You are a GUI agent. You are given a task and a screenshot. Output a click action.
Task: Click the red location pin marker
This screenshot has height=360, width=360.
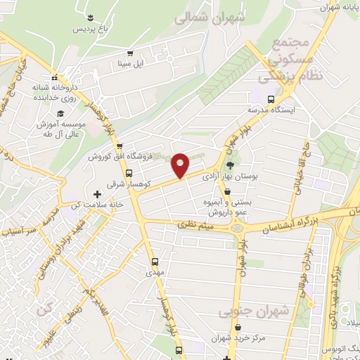tap(181, 165)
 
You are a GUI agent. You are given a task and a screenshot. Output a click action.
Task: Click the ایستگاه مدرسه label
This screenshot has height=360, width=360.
tap(271, 110)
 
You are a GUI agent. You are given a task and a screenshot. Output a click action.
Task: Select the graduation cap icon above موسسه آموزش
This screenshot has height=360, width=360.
tap(60, 112)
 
